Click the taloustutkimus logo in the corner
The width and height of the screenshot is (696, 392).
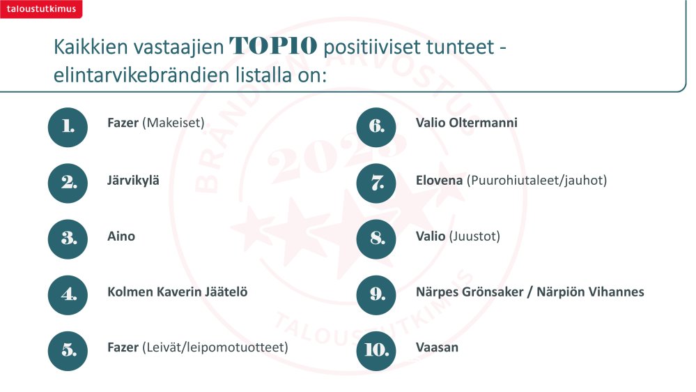[x=41, y=9]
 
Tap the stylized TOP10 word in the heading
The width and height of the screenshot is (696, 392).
[x=273, y=46]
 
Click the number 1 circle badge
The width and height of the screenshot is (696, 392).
[x=68, y=127]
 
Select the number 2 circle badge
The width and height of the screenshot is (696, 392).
[x=68, y=183]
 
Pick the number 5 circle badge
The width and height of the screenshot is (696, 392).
[x=68, y=351]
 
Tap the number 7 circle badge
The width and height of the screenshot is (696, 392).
[x=376, y=183]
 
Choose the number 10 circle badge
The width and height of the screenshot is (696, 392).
[x=376, y=351]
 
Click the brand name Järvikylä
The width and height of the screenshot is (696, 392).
[x=133, y=181]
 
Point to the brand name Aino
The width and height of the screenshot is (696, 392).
[x=121, y=236]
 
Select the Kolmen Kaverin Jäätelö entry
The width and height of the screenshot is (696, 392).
[x=178, y=292]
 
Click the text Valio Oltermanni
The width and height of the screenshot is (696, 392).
[x=467, y=123]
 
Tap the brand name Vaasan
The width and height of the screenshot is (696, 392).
[x=438, y=347]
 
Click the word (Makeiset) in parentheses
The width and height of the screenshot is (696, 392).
[x=173, y=123]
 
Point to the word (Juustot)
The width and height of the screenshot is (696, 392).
[x=474, y=236]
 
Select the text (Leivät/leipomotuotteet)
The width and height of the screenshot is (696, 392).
[x=215, y=347]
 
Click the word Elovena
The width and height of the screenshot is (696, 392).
[x=439, y=181]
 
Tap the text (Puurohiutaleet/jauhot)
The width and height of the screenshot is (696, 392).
[x=536, y=181]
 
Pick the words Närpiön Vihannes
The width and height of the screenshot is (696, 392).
[x=590, y=292]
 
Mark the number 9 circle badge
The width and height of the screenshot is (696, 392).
[x=376, y=294]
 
